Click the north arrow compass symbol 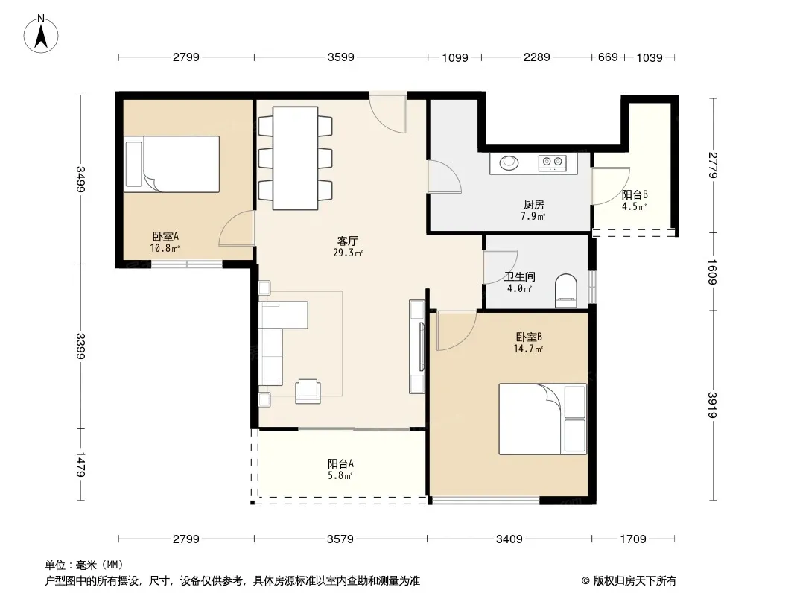pos(41,34)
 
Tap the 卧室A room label pos(165,236)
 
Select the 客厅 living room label pos(347,241)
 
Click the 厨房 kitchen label pos(534,205)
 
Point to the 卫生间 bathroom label pos(520,277)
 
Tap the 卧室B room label pos(529,337)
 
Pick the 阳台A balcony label pos(340,463)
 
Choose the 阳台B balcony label pos(635,194)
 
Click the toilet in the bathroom pos(565,291)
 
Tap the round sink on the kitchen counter pos(509,162)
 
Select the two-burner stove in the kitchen pos(551,163)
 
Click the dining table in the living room pos(295,158)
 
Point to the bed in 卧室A pos(171,164)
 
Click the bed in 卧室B pos(542,419)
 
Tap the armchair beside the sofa pos(308,391)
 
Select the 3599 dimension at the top pos(341,57)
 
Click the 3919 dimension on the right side pos(713,405)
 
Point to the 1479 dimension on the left pos(80,465)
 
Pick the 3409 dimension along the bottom pos(509,539)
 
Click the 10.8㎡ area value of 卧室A pos(165,248)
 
